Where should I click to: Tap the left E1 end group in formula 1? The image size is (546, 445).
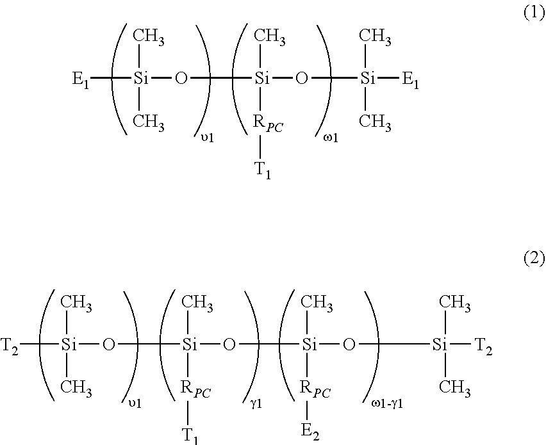pos(81,80)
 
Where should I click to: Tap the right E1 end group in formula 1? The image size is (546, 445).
pos(411,80)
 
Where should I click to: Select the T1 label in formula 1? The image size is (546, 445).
pos(263,171)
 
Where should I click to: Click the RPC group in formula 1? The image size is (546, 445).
pos(268,124)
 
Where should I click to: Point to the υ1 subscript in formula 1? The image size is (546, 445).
pos(207,138)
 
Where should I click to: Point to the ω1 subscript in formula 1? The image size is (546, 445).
pos(331,138)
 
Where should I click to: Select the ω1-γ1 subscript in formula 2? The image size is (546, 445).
pos(387,404)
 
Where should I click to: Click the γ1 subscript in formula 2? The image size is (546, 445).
pos(256,404)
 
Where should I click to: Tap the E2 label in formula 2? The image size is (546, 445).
pos(310,432)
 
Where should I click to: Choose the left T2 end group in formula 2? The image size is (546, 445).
pos(10,346)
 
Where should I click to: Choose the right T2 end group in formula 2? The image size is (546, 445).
pos(484,346)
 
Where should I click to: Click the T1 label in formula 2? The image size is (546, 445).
pos(190,435)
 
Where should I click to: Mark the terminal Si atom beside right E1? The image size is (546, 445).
pos(367,79)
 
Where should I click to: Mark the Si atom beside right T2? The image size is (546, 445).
pos(440,344)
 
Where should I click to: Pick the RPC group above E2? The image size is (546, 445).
pos(315,389)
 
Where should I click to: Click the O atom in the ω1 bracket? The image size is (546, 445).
pos(302,79)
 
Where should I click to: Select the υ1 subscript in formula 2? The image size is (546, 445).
pos(135,404)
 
